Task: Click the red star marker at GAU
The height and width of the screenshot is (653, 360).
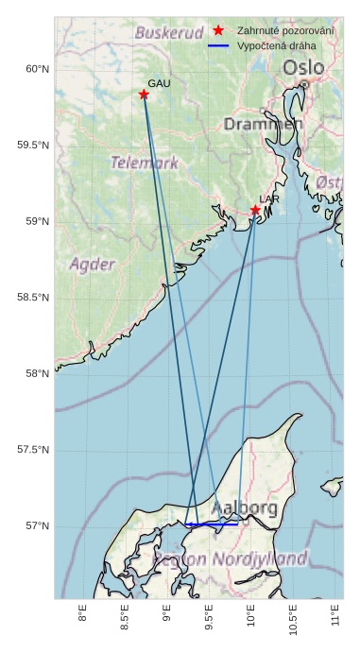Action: click(x=144, y=95)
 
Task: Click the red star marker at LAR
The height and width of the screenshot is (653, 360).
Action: click(x=255, y=210)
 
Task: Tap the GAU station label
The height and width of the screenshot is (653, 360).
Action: click(x=159, y=84)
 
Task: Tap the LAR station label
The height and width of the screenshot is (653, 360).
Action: click(x=269, y=199)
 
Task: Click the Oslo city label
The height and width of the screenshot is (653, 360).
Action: click(x=302, y=68)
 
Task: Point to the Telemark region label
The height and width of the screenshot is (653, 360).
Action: click(x=144, y=163)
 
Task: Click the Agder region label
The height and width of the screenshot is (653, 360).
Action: click(x=92, y=264)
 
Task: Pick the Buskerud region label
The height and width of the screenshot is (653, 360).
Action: click(x=169, y=32)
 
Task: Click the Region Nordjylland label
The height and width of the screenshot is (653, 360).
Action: click(x=230, y=558)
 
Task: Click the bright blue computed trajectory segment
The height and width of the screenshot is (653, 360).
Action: click(x=212, y=524)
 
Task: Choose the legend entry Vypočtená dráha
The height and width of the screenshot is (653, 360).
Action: click(x=277, y=45)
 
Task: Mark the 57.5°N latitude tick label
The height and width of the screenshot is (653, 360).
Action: click(x=33, y=450)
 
